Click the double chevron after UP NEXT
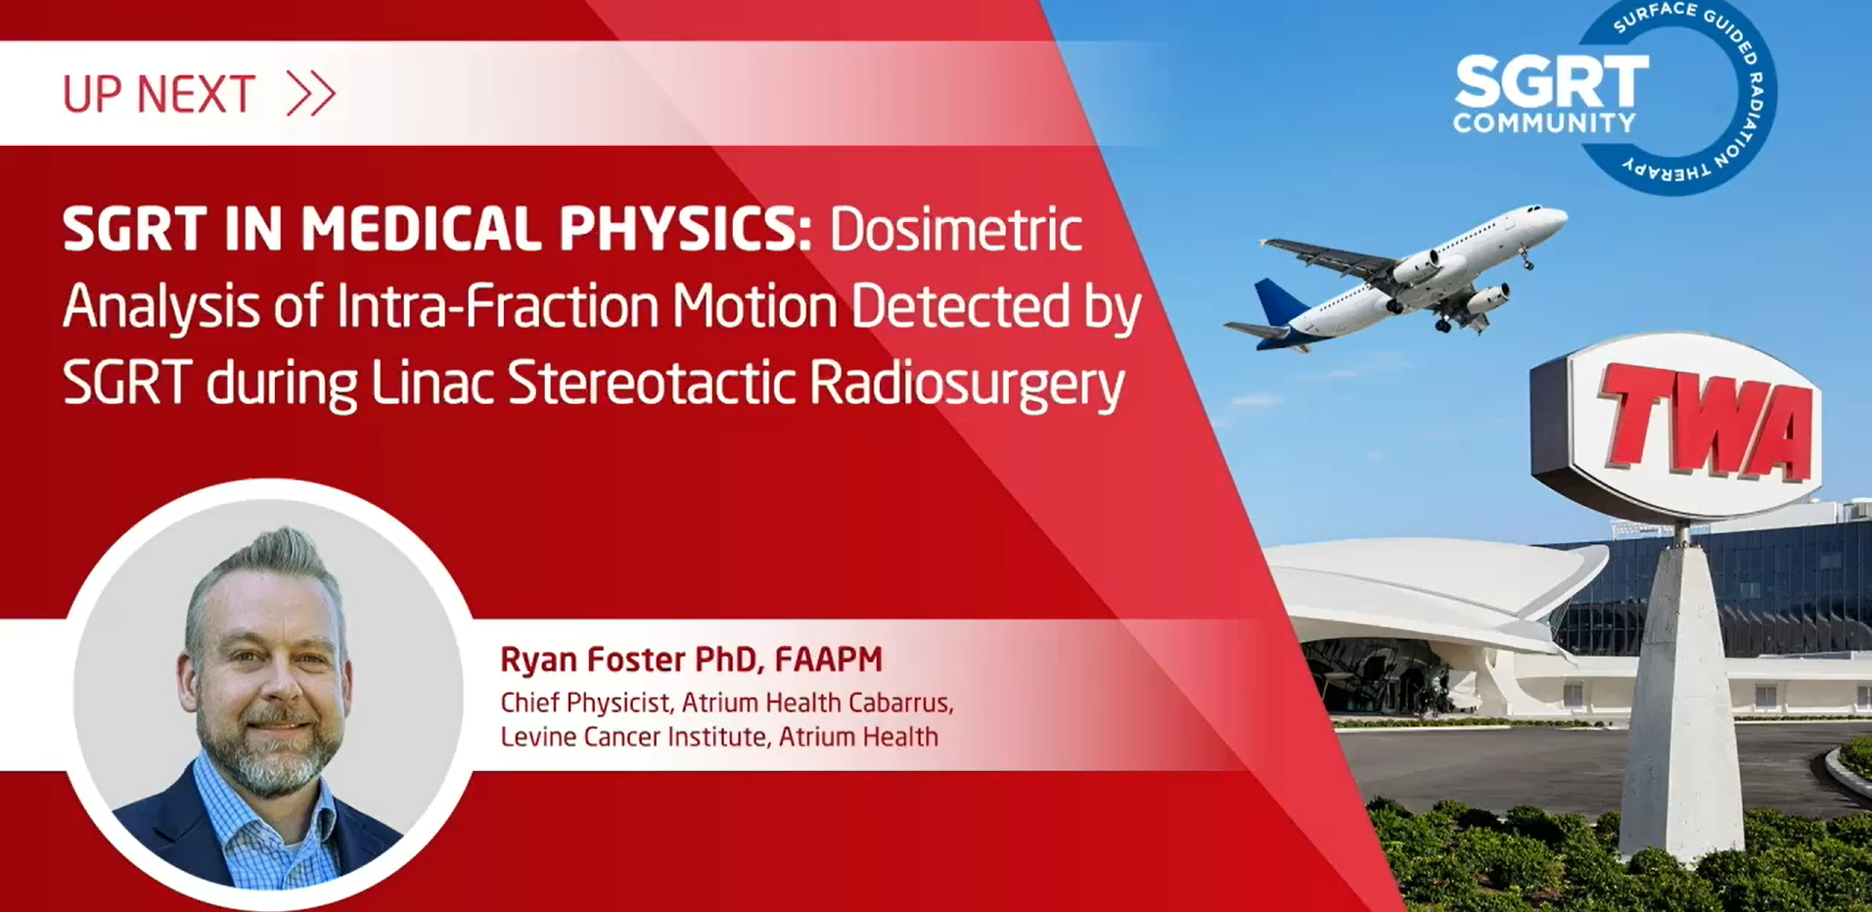(x=311, y=95)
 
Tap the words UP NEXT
(x=159, y=95)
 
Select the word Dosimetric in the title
(x=956, y=229)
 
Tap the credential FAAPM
(x=828, y=660)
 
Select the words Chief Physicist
(x=585, y=703)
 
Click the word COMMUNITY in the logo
(x=1544, y=123)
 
